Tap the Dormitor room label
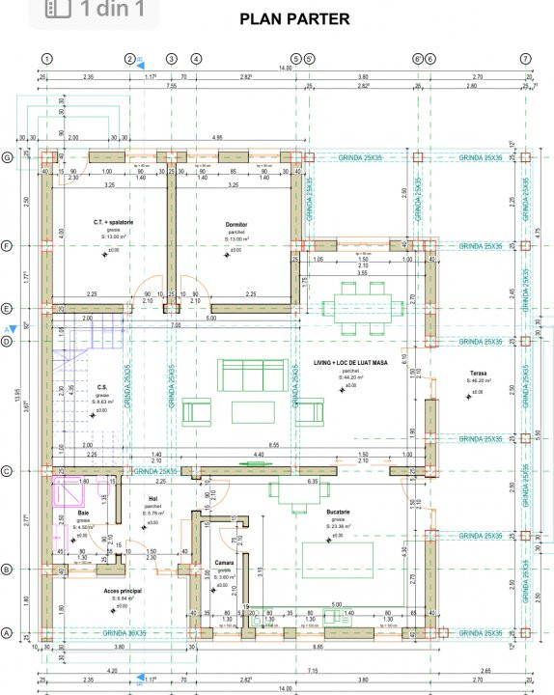(x=237, y=223)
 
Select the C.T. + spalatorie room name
(x=113, y=222)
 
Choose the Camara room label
(x=223, y=561)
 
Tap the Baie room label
(x=84, y=514)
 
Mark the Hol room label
(x=152, y=499)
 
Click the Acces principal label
(x=123, y=590)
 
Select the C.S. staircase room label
(x=101, y=388)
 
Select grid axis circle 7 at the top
(x=525, y=58)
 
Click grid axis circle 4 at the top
(x=196, y=58)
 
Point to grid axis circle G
(x=8, y=157)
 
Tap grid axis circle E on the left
(x=8, y=309)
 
